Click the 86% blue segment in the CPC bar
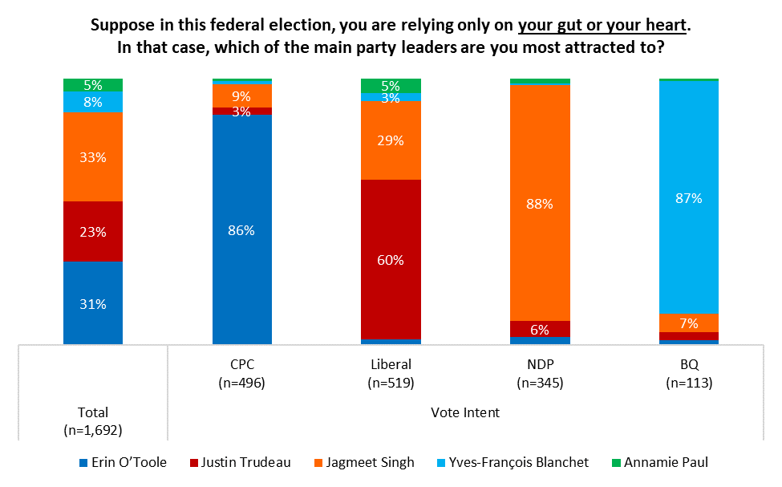(x=242, y=229)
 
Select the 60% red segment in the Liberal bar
(x=391, y=259)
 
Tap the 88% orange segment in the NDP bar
(x=540, y=203)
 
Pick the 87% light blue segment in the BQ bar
(x=689, y=197)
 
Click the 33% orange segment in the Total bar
(x=93, y=156)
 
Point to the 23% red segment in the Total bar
(x=93, y=232)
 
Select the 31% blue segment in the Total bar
(x=93, y=303)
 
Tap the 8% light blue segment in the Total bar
(x=93, y=102)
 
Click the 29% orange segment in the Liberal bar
(x=391, y=140)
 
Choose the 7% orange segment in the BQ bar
(x=689, y=323)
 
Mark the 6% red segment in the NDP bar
(x=540, y=329)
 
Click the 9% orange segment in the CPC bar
(x=242, y=95)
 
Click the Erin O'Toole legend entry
(x=124, y=463)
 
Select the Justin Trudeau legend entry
(x=241, y=463)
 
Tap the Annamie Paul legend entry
(x=660, y=463)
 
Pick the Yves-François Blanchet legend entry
(x=513, y=463)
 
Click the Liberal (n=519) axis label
(x=391, y=373)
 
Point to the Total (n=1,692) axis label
(x=93, y=421)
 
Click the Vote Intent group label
(x=465, y=412)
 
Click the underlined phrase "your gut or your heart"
(x=602, y=25)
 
